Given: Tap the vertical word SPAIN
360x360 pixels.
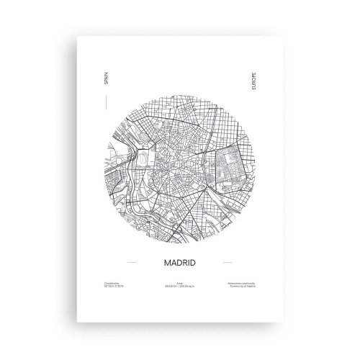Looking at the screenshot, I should click(x=106, y=80).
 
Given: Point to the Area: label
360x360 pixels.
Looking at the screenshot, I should click(x=179, y=282).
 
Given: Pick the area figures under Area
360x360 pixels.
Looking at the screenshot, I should click(x=179, y=286).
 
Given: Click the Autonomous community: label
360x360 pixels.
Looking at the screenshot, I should click(x=240, y=282).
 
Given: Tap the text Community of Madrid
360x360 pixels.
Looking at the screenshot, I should click(x=241, y=286).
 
